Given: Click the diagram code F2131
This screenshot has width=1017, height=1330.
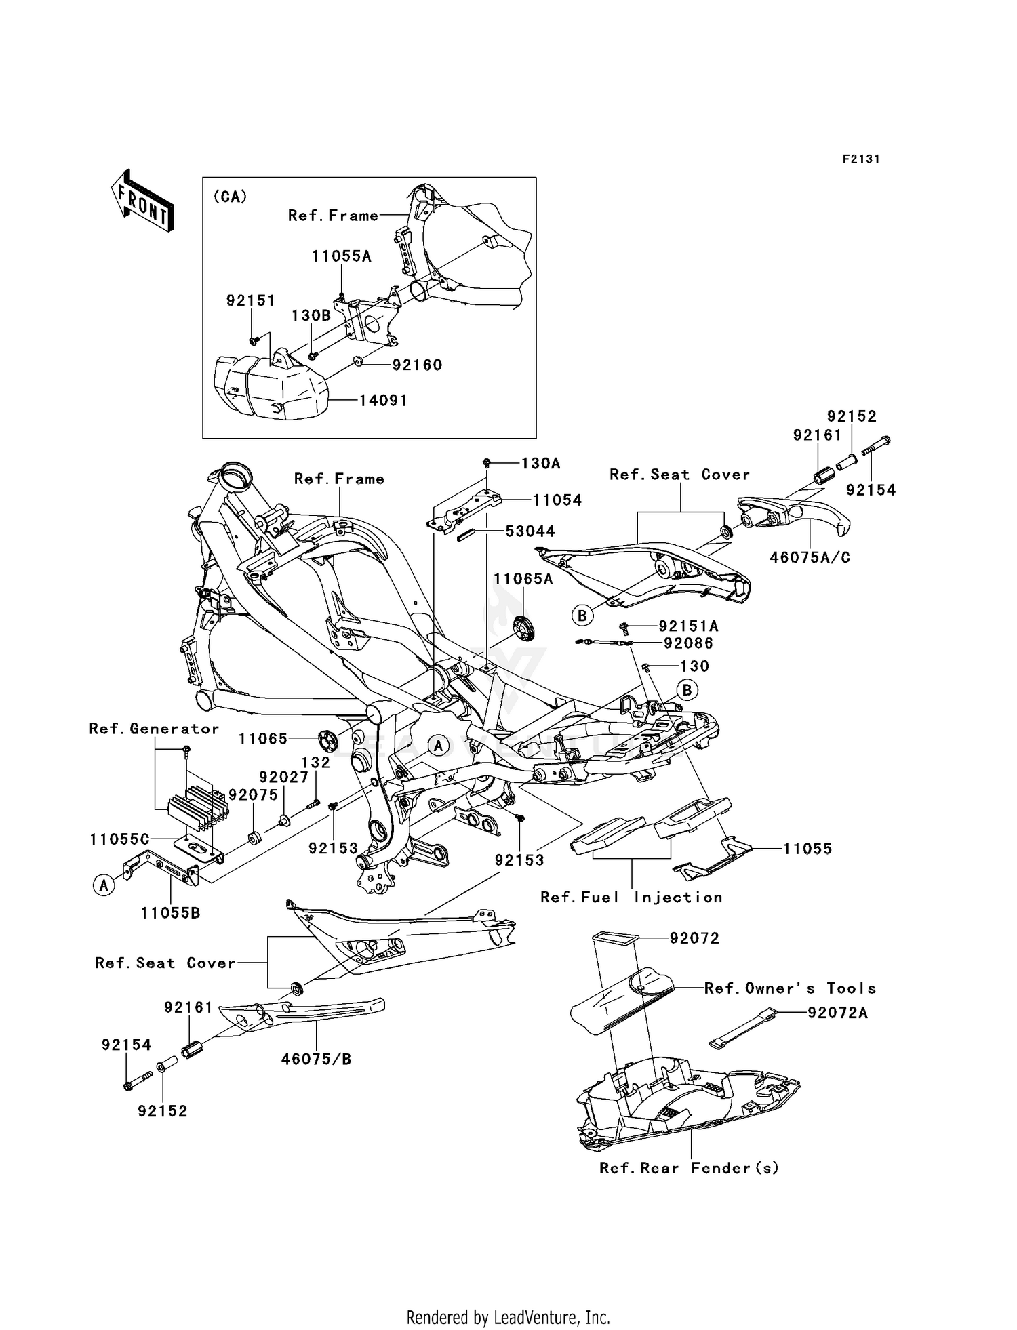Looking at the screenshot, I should pos(860,159).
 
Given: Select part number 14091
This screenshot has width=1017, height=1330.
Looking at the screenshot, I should pos(383,401).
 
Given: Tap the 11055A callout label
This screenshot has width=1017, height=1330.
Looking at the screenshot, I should pos(342,256).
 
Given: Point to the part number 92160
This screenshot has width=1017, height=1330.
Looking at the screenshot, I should pos(417,365).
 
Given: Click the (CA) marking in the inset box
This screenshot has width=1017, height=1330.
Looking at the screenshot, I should pos(230,197).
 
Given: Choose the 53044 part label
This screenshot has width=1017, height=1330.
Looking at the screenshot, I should pos(530,531).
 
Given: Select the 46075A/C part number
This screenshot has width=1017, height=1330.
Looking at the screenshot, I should pos(810,557).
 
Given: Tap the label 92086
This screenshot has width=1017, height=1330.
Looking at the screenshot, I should pos(688,643).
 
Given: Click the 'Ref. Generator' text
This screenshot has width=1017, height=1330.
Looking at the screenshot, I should pos(154,729).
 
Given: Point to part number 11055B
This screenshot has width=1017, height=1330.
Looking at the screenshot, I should pos(170,913).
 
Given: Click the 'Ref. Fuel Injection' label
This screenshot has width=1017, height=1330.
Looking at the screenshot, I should pos(631,898).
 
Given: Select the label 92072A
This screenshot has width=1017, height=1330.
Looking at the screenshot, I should pos(837,1013).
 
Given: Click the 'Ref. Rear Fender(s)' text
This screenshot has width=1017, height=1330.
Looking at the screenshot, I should pos(689,1168).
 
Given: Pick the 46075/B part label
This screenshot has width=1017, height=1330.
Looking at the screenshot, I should pos(317,1059).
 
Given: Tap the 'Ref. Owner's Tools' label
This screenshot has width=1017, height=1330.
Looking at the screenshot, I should pos(790,988).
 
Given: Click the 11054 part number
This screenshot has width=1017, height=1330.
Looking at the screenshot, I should pos(557,500).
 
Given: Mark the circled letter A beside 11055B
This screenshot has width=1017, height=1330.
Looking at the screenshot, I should pos(104,885).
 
